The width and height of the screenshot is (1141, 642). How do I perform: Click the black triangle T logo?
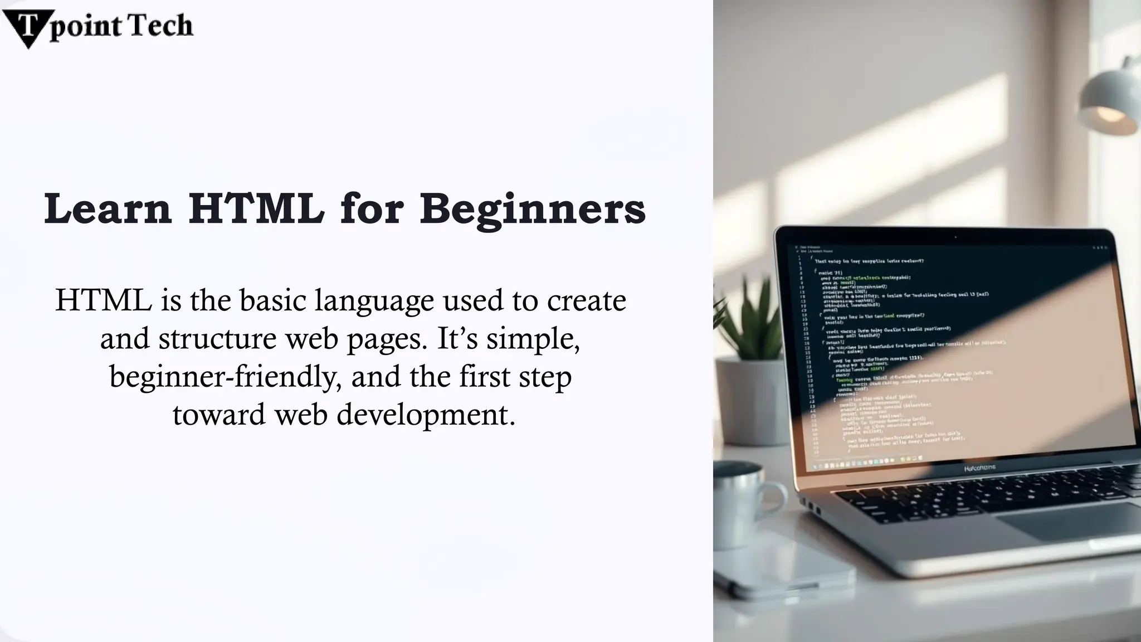click(x=27, y=26)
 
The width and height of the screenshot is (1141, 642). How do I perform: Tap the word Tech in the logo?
click(x=162, y=26)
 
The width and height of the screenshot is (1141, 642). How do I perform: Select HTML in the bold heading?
click(x=256, y=208)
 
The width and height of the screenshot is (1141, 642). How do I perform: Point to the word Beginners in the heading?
click(x=533, y=210)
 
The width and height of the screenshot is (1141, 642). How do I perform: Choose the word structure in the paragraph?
click(x=217, y=339)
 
